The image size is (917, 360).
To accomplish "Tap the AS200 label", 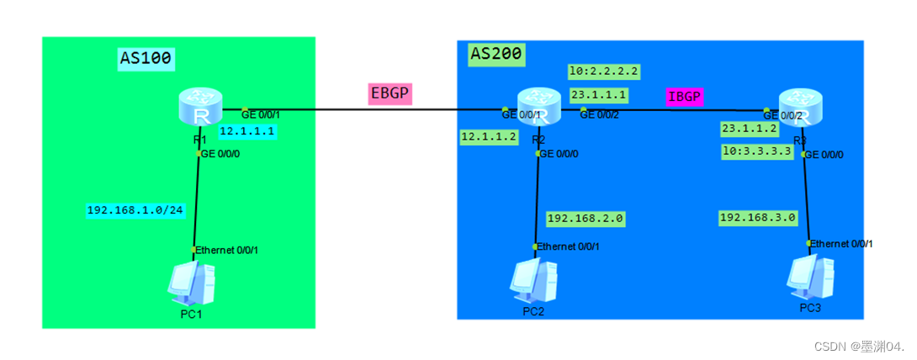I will pos(496,54).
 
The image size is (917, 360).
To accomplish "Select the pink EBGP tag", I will pos(390,93).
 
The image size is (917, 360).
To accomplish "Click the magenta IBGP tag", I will pos(683,96).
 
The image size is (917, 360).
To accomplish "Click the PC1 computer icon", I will pos(192,283).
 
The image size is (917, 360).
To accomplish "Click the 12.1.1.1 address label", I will pos(248,131).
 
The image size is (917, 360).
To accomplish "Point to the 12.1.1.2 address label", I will pos(488,136).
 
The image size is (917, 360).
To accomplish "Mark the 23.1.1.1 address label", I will pos(598,95).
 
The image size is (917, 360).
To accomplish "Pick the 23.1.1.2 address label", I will pos(750,129).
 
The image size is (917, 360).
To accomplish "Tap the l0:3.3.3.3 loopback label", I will pos(756,151).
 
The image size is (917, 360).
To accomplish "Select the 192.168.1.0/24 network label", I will pos(135,209).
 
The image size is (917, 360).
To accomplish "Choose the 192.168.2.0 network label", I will pos(586,218).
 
